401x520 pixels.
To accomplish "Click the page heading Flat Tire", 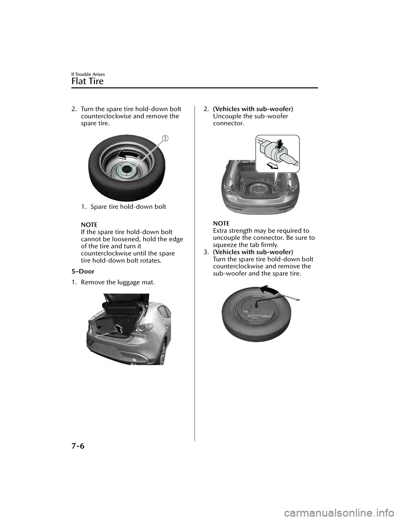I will (x=88, y=81).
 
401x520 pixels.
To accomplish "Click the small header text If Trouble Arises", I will (x=87, y=74).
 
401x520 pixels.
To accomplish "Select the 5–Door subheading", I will (x=83, y=271).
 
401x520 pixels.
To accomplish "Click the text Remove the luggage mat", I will (x=118, y=282).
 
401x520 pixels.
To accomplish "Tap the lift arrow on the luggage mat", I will (x=119, y=329).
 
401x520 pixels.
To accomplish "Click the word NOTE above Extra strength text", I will (x=221, y=224).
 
